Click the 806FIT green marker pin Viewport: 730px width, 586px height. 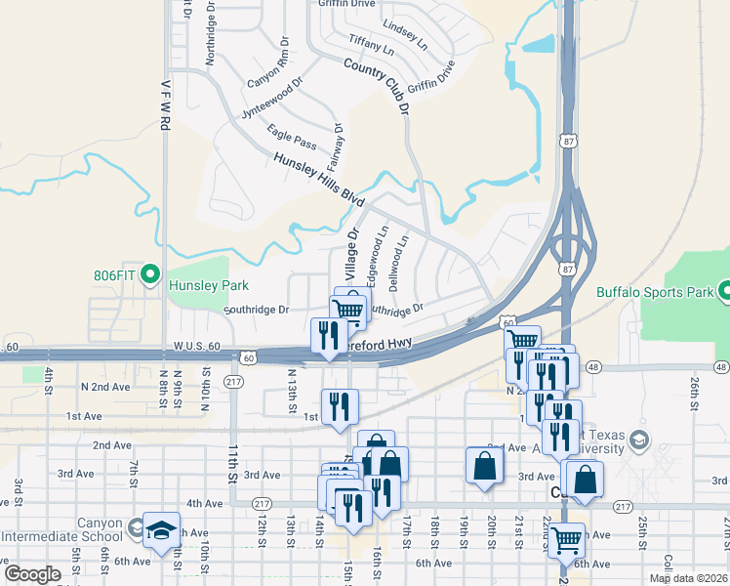click(x=149, y=276)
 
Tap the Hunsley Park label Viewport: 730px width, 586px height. click(x=208, y=285)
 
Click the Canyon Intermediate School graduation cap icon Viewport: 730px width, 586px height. click(x=161, y=528)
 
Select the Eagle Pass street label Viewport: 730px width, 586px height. click(x=292, y=139)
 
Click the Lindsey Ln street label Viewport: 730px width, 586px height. click(x=405, y=34)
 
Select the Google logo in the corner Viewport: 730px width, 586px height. click(x=31, y=573)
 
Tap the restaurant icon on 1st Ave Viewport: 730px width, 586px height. click(x=340, y=404)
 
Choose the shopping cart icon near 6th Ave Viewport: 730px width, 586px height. click(x=566, y=538)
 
